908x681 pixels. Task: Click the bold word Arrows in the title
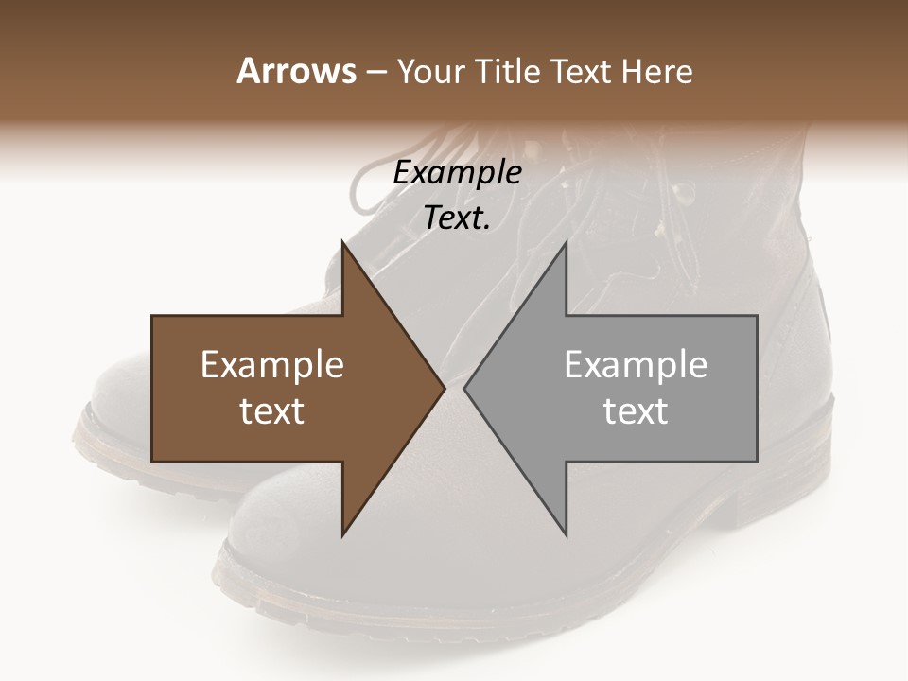(x=296, y=71)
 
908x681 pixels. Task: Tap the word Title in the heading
(x=507, y=71)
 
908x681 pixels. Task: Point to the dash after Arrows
(x=375, y=72)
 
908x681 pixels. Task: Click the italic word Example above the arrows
(x=457, y=173)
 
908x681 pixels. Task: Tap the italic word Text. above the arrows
(x=457, y=218)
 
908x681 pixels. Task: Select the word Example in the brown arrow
(x=272, y=365)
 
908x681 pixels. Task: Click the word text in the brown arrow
(x=272, y=411)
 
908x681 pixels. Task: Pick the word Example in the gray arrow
(x=636, y=365)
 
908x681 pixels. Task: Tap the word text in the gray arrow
(x=636, y=411)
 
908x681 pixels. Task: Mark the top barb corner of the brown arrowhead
(x=342, y=243)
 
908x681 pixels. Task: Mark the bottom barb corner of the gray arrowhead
(x=566, y=534)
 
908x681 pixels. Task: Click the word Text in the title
(x=582, y=71)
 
